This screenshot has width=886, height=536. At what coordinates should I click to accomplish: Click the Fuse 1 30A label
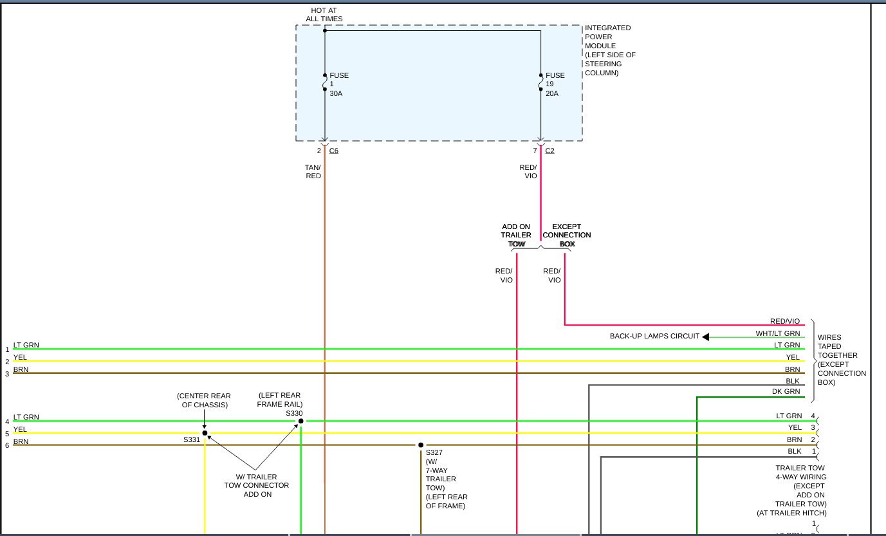[338, 84]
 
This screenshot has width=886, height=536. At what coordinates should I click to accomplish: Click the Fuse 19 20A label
[555, 84]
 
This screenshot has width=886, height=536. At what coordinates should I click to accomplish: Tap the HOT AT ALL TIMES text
[324, 15]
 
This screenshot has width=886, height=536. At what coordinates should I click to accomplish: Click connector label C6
[333, 151]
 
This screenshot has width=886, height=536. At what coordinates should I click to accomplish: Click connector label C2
[549, 151]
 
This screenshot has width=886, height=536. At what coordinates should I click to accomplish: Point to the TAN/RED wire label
[313, 172]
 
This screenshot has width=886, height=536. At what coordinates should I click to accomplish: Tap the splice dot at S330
[300, 421]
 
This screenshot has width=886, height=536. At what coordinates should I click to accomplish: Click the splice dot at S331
[205, 433]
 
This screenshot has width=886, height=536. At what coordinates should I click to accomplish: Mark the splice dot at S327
[421, 445]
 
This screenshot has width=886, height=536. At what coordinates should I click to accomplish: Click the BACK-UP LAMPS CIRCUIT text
[654, 336]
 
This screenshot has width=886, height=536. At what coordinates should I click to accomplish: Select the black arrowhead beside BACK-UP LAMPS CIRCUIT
[705, 337]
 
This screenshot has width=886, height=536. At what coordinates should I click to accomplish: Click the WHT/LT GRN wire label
[777, 333]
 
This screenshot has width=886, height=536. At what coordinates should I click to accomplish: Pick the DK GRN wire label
[786, 391]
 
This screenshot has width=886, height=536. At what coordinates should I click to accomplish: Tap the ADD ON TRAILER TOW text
[516, 236]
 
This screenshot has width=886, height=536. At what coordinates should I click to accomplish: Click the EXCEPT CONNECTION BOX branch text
[566, 236]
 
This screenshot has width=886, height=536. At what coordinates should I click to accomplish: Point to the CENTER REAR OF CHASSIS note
[204, 400]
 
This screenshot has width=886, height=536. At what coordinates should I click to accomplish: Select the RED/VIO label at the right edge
[784, 321]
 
